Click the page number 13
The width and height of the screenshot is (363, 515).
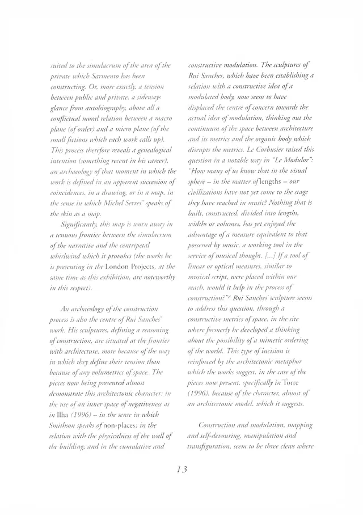(x=181, y=470)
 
